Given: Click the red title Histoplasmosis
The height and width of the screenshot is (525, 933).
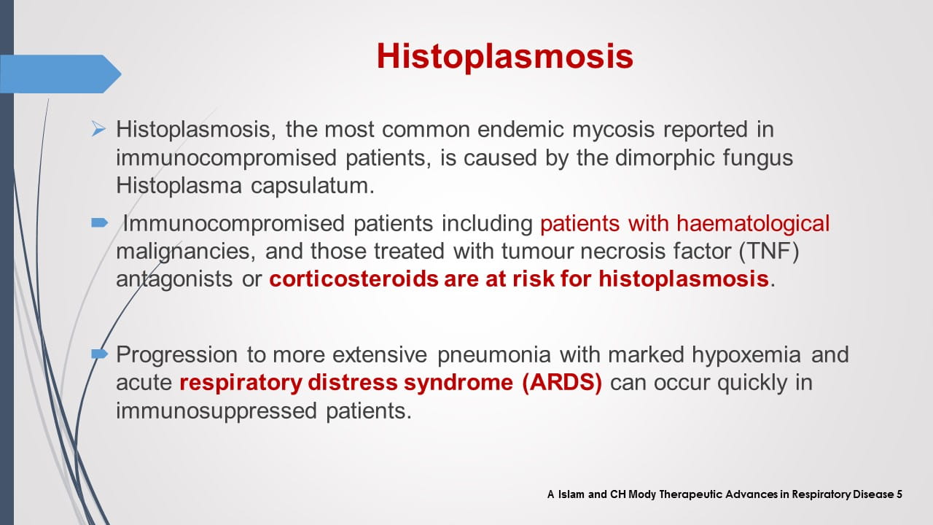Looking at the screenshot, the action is [505, 56].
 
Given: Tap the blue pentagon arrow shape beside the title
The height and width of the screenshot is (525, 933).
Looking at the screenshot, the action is [60, 74].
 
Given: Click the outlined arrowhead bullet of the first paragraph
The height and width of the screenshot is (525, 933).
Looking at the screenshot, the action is [98, 129].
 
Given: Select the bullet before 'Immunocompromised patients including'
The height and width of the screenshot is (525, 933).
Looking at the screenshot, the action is [100, 223].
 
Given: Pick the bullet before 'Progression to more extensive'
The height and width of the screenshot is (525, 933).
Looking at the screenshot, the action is [100, 354].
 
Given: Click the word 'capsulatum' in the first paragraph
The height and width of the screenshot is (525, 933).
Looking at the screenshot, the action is [313, 186].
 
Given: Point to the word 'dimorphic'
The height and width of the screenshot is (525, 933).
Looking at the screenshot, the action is [664, 158].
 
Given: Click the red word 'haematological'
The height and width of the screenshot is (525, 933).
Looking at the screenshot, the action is [753, 223].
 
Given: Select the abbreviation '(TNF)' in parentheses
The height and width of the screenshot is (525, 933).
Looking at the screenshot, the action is [769, 252].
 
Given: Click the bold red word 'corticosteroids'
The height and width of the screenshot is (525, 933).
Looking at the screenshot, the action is [354, 279].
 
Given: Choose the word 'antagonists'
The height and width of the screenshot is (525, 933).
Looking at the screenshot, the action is [174, 279].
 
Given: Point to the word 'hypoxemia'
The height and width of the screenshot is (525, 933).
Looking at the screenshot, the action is [746, 355].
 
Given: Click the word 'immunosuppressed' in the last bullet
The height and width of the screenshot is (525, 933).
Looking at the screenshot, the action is [216, 411].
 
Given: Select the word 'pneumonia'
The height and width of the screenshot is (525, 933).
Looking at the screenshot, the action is [494, 355].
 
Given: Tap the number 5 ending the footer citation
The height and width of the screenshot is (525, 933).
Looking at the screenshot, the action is [899, 494].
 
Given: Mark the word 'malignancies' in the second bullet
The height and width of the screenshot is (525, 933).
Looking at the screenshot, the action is [186, 252].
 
